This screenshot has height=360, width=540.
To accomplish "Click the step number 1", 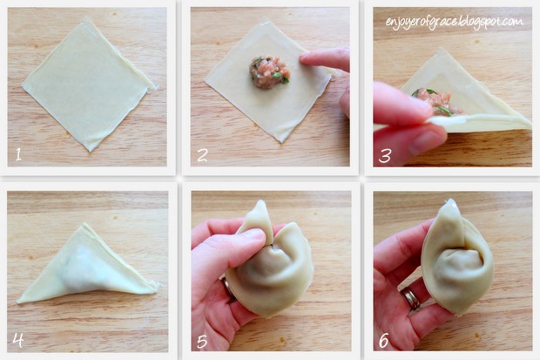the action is click(18, 154).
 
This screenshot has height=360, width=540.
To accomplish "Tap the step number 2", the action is click(202, 155).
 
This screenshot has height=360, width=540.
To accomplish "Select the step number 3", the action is click(385, 156).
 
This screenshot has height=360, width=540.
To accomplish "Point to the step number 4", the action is click(18, 340).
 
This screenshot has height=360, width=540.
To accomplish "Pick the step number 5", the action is click(202, 342).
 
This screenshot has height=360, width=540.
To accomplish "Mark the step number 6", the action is click(383, 341).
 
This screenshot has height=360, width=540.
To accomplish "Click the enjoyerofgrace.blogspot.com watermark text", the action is click(455, 23).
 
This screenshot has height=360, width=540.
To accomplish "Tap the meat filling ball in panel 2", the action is click(269, 72).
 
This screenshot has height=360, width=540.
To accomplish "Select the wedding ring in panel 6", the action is click(411, 298).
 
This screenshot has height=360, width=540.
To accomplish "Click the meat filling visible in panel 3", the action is click(438, 101).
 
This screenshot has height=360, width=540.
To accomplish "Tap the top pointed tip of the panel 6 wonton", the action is click(450, 200).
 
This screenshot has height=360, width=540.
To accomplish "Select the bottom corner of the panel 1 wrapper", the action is click(91, 151).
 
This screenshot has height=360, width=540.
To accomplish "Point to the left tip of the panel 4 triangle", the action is click(17, 302).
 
